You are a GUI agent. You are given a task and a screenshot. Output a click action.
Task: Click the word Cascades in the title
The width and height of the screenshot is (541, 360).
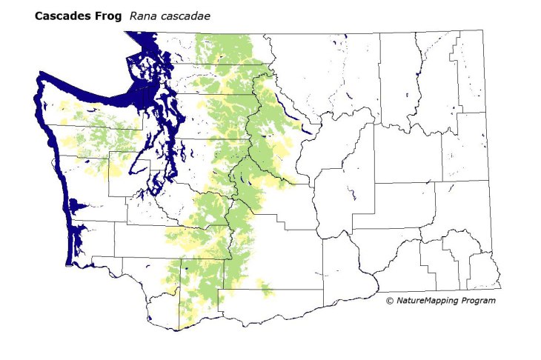[x=61, y=16]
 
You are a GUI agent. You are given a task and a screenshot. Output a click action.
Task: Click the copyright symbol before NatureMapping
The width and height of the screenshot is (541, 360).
[x=390, y=301]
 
